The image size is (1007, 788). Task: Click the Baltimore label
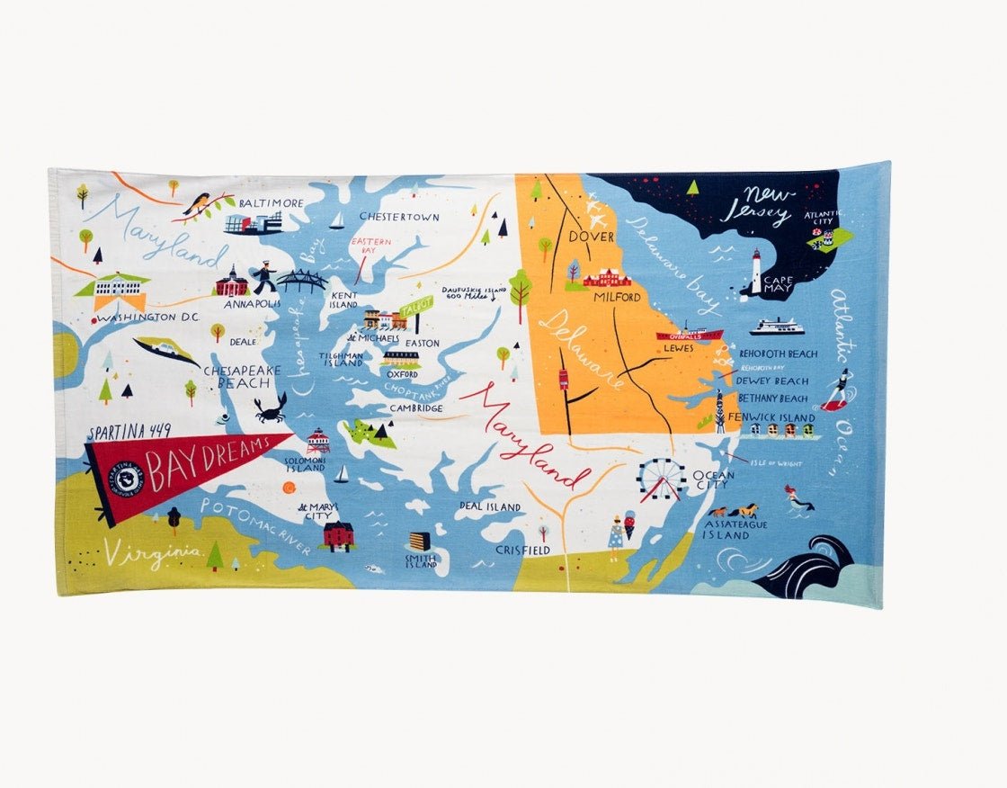click(271, 203)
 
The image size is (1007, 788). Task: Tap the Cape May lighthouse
click(756, 272)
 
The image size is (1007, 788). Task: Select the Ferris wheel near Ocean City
click(662, 479)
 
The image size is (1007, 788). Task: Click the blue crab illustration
click(270, 408)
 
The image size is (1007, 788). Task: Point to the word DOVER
click(590, 237)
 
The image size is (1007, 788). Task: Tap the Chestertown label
click(399, 217)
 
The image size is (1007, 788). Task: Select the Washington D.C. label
click(148, 318)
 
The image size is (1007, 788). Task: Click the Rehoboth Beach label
click(779, 354)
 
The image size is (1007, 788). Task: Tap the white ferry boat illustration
click(777, 327)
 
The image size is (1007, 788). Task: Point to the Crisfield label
click(522, 550)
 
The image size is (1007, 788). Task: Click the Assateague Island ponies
click(733, 511)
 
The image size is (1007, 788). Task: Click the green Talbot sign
click(416, 306)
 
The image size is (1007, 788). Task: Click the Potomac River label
click(256, 527)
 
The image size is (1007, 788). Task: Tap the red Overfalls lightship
click(689, 335)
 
